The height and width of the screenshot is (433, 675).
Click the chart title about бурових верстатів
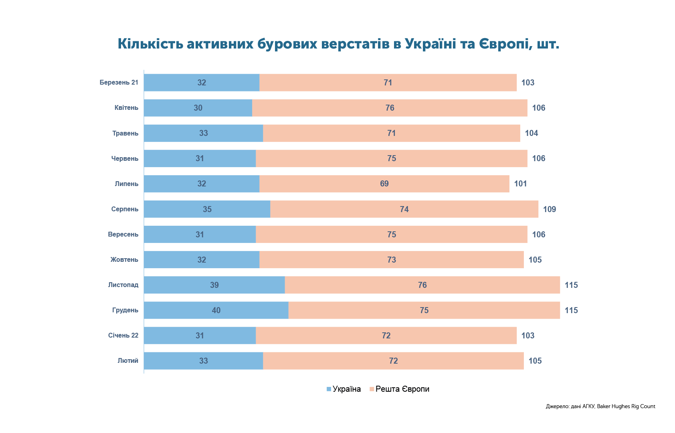pyautogui.click(x=338, y=44)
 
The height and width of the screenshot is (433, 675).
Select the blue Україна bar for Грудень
pyautogui.click(x=216, y=310)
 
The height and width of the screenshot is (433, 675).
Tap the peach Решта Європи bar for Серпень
pyautogui.click(x=404, y=209)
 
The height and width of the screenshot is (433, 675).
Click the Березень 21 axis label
pyautogui.click(x=119, y=83)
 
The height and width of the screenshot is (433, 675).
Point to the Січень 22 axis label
pyautogui.click(x=123, y=335)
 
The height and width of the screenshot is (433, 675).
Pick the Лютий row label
pyautogui.click(x=128, y=361)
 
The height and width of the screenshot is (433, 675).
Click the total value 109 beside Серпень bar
pyautogui.click(x=550, y=209)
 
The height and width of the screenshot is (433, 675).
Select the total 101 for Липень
pyautogui.click(x=520, y=184)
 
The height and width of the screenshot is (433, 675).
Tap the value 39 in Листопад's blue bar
pyautogui.click(x=214, y=285)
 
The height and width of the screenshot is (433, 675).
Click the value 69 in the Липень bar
pyautogui.click(x=384, y=184)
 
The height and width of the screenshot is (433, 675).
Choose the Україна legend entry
pyautogui.click(x=344, y=389)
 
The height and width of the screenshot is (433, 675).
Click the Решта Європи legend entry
pyautogui.click(x=399, y=389)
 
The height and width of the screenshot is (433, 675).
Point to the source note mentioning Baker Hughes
pyautogui.click(x=600, y=407)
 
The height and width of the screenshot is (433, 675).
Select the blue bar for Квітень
pyautogui.click(x=198, y=108)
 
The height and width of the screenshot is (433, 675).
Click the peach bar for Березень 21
pyautogui.click(x=388, y=83)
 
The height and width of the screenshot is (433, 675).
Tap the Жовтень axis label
pyautogui.click(x=124, y=260)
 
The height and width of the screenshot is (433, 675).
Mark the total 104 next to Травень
pyautogui.click(x=531, y=133)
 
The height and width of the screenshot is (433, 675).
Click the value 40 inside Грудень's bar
pyautogui.click(x=216, y=310)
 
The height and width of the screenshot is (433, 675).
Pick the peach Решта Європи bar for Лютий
pyautogui.click(x=393, y=361)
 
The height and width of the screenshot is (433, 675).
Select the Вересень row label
pyautogui.click(x=123, y=235)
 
